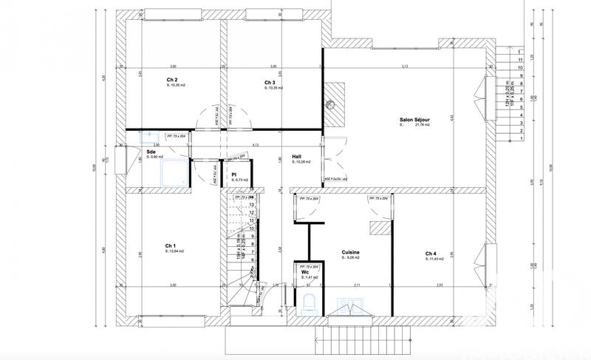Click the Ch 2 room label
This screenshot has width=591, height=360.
coord(171,80)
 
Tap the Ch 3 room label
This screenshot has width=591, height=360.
coord(269,82)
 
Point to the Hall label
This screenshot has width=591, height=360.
coord(295,156)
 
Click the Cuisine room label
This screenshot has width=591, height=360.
coord(350,252)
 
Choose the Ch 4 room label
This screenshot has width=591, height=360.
coord(431,254)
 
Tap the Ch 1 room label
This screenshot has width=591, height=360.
coord(170,245)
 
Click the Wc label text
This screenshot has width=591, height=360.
coord(304,271)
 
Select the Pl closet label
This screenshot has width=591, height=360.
coord(233,174)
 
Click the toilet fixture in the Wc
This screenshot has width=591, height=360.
coord(310,301)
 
